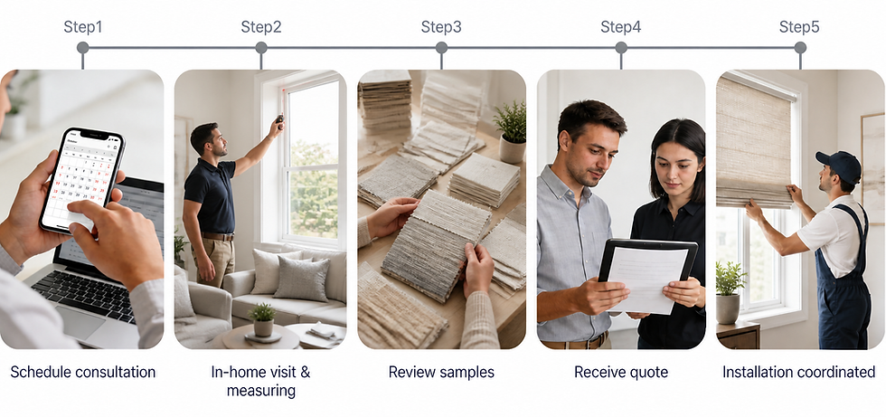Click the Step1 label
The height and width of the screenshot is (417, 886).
pyautogui.click(x=82, y=26)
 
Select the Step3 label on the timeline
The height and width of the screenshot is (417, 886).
pyautogui.click(x=441, y=26)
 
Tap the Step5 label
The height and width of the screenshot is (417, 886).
pyautogui.click(x=799, y=26)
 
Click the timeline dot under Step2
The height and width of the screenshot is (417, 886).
pyautogui.click(x=261, y=47)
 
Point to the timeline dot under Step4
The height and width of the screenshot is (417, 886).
pyautogui.click(x=621, y=47)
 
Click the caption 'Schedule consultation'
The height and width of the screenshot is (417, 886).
pyautogui.click(x=83, y=372)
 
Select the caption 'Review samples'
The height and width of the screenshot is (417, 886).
pyautogui.click(x=441, y=372)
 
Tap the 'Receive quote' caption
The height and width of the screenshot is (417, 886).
pyautogui.click(x=621, y=372)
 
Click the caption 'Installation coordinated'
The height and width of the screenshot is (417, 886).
pyautogui.click(x=799, y=372)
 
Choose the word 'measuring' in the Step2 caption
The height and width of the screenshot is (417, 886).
pyautogui.click(x=261, y=391)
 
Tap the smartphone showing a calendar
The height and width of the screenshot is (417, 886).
pyautogui.click(x=82, y=180)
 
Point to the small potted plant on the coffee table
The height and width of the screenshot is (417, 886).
pyautogui.click(x=263, y=320)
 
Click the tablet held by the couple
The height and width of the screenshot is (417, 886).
pyautogui.click(x=647, y=275)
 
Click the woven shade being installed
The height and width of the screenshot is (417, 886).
pyautogui.click(x=754, y=141)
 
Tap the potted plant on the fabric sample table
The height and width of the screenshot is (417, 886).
pyautogui.click(x=512, y=134)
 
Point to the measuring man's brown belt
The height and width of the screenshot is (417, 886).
pyautogui.click(x=218, y=236)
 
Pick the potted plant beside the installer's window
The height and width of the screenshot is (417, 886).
pyautogui.click(x=730, y=292)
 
